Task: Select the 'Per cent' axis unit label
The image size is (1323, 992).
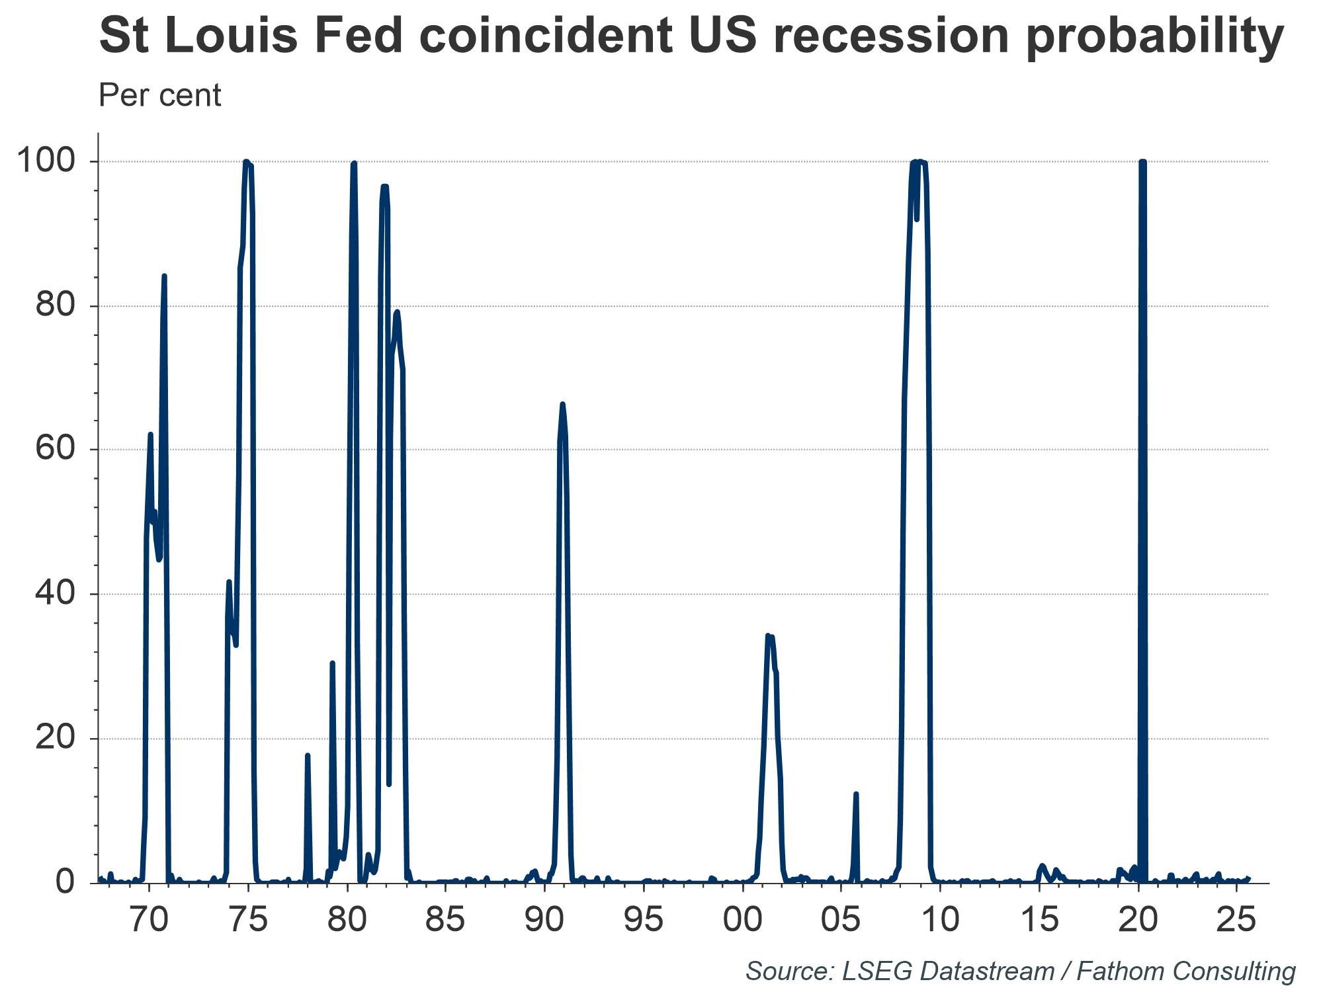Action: click(x=159, y=96)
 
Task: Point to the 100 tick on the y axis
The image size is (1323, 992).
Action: click(x=45, y=162)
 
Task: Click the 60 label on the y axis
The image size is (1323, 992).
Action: click(x=54, y=450)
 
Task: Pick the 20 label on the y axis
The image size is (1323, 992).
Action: click(x=54, y=739)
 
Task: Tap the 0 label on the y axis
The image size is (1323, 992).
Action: click(x=65, y=882)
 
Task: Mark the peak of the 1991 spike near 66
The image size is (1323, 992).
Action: click(x=562, y=404)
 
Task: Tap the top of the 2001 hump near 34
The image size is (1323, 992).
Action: click(x=769, y=636)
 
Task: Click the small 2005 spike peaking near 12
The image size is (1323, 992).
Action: click(x=856, y=794)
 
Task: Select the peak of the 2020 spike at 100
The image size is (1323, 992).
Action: click(x=1142, y=162)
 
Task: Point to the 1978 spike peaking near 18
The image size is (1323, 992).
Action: click(x=308, y=755)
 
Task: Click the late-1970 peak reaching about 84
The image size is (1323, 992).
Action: click(x=164, y=276)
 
